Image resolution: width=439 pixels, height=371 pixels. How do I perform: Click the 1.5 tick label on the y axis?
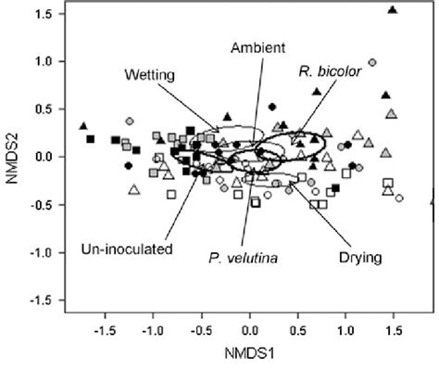(42, 14)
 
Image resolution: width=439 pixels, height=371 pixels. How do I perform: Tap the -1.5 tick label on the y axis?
(39, 300)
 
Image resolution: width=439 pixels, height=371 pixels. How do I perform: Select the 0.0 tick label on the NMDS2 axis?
(42, 156)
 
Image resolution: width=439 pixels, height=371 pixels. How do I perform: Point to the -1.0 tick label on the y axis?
(39, 251)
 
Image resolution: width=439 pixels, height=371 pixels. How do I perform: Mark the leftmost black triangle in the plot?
(83, 126)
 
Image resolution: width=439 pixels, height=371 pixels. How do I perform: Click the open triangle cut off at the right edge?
(435, 200)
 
